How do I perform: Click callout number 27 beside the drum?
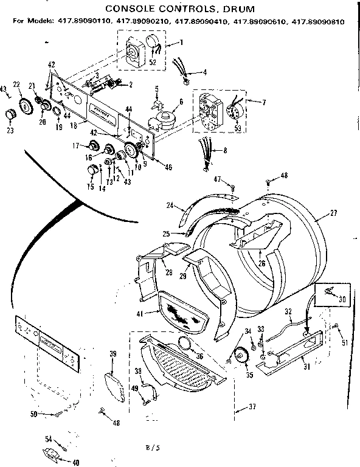tap(333, 214)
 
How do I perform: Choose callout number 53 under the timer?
tap(238, 128)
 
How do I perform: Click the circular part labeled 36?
tap(187, 345)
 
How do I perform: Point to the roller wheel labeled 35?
tap(239, 356)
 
